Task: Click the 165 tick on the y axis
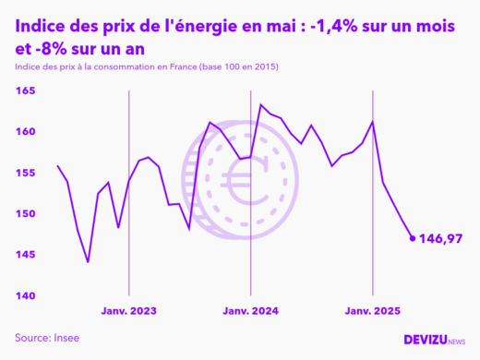[24, 90]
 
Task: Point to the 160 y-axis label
[24, 132]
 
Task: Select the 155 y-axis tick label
[24, 173]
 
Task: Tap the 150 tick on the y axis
[24, 213]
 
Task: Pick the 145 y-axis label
[24, 255]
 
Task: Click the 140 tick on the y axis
[24, 295]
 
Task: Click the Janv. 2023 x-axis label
[128, 311]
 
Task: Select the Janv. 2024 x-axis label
[250, 311]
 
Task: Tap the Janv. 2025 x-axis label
[372, 311]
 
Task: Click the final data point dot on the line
[413, 238]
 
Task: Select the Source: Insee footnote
[47, 338]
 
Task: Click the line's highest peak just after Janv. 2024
[260, 105]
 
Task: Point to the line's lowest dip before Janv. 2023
[88, 262]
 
